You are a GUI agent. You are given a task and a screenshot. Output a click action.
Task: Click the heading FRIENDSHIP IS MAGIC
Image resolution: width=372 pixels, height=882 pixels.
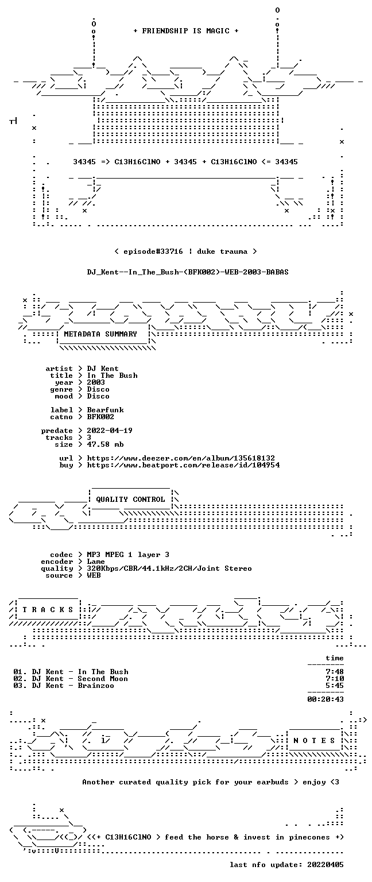[x=186, y=31]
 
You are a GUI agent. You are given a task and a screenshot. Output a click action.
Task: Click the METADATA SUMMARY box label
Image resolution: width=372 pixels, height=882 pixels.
[x=100, y=334]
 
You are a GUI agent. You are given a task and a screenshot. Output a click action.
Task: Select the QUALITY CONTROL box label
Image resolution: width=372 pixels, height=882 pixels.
[x=130, y=499]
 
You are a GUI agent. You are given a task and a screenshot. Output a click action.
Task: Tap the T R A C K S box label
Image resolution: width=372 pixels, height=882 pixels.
[x=48, y=609]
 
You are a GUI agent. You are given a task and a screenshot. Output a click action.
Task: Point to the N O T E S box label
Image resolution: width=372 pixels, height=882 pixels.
[x=314, y=741]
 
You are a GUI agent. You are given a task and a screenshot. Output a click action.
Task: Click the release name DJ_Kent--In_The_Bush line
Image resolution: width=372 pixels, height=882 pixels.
[x=188, y=272]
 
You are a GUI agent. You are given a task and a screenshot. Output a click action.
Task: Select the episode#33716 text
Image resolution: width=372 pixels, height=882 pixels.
[x=153, y=252]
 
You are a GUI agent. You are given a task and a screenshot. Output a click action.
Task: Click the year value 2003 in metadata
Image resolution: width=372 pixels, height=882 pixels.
[x=96, y=382]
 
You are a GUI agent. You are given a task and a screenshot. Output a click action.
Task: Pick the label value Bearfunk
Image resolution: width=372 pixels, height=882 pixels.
[x=105, y=410]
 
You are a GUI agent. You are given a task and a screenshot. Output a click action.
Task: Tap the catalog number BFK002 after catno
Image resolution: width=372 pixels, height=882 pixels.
[x=100, y=416]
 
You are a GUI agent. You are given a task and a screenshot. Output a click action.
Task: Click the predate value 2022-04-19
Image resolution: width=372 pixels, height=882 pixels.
[x=110, y=430]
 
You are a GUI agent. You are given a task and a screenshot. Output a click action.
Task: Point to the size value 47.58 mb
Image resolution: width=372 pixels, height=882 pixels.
[x=105, y=444]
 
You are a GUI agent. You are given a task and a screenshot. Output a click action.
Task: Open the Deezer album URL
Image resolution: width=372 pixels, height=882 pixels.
[x=181, y=458]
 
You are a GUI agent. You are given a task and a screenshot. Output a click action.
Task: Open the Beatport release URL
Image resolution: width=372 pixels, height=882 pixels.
[x=183, y=465]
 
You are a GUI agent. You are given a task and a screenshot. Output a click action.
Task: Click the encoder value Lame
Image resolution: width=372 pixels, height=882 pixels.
[x=96, y=562]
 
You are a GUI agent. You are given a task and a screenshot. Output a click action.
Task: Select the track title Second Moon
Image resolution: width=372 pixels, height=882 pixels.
[x=103, y=678]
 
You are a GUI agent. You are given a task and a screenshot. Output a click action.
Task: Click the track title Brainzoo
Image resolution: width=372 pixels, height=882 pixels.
[x=96, y=686]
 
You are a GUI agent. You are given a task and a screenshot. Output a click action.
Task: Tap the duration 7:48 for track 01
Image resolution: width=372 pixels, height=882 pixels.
[x=335, y=672]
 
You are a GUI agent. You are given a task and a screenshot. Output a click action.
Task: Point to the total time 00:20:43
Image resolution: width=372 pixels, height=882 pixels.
[x=325, y=699]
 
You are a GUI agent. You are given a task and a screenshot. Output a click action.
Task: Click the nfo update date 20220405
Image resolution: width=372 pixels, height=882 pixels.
[x=325, y=865]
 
